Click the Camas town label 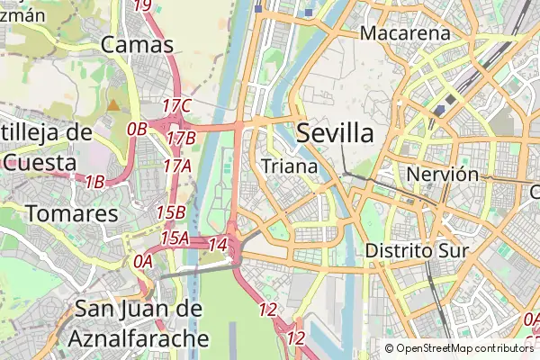(138, 44)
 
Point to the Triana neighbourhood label (289, 166)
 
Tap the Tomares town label (73, 214)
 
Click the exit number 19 (142, 4)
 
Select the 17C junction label (177, 106)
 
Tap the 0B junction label (137, 129)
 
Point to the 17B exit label (181, 138)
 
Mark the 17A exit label (177, 166)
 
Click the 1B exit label (94, 182)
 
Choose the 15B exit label (170, 212)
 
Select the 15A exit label (175, 238)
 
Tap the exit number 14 (217, 244)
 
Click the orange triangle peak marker (113, 105)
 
